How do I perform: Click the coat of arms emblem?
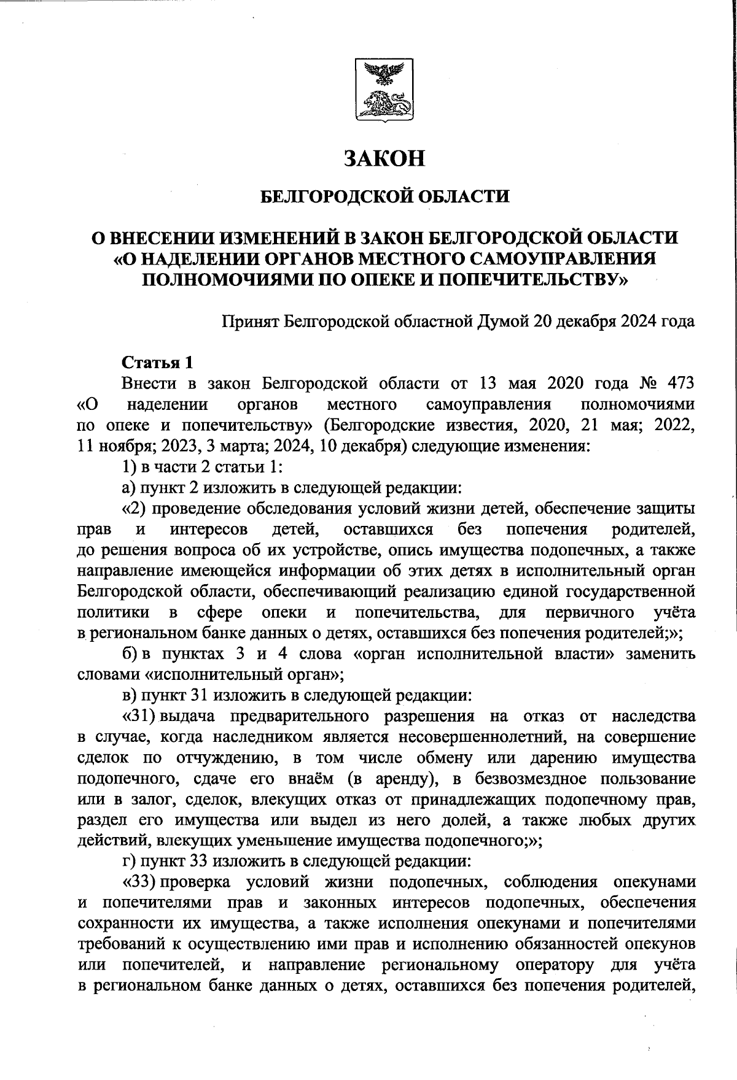385,90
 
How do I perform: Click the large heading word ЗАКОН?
385,159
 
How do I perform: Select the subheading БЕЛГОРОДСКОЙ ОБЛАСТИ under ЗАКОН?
385,197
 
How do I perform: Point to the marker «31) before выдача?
138,716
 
